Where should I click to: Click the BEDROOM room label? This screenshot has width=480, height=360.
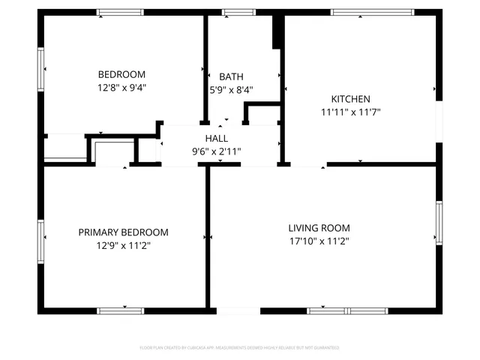(x=121, y=74)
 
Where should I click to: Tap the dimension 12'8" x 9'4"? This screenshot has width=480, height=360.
(x=121, y=87)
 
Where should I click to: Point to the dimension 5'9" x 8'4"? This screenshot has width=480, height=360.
(x=231, y=90)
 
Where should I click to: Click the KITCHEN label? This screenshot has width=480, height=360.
(x=350, y=99)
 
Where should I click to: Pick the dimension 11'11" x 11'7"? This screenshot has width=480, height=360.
(x=350, y=112)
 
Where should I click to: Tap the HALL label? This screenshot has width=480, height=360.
(x=217, y=138)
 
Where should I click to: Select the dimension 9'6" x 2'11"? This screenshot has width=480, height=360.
(x=217, y=151)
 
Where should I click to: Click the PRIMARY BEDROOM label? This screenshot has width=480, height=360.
(x=123, y=232)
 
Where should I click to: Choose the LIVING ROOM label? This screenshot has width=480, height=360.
(x=319, y=228)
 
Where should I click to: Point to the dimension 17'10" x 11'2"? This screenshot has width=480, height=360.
(x=319, y=241)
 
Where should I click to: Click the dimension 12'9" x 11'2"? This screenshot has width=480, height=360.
(x=123, y=245)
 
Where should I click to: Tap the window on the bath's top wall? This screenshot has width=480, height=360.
(x=238, y=12)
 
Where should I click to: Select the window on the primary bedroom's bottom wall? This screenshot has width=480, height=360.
(x=120, y=310)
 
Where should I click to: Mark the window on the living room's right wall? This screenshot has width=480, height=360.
(x=439, y=223)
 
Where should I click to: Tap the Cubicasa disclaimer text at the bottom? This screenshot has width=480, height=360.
(x=240, y=348)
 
